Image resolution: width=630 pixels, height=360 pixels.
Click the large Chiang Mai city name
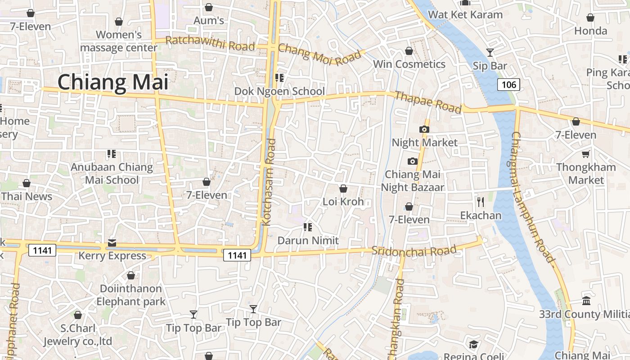(x=113, y=82)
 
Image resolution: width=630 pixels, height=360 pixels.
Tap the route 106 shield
(x=508, y=84)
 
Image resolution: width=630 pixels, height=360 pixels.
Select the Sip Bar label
(x=490, y=66)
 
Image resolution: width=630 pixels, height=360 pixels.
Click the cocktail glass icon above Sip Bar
(x=490, y=53)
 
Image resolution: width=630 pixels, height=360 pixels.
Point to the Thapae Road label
(x=428, y=102)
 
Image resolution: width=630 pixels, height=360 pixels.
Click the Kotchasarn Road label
(x=269, y=182)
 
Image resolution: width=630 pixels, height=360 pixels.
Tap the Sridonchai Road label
(x=414, y=251)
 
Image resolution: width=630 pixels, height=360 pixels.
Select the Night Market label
(x=424, y=143)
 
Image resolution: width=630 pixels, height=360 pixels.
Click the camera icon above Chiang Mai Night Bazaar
(x=413, y=161)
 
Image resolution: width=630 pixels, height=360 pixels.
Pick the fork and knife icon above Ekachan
(x=481, y=202)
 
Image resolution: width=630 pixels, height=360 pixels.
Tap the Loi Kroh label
(x=343, y=202)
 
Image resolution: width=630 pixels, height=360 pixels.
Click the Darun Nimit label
(x=308, y=241)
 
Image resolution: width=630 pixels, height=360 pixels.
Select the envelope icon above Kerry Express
(x=112, y=243)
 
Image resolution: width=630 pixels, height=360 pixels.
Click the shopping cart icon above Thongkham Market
(x=585, y=154)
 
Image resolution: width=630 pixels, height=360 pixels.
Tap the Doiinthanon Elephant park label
(x=131, y=295)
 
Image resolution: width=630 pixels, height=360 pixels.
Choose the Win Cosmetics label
(x=409, y=64)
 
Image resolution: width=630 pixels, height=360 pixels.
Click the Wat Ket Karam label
(x=465, y=15)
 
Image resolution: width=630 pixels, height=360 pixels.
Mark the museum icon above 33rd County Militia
(x=586, y=301)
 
